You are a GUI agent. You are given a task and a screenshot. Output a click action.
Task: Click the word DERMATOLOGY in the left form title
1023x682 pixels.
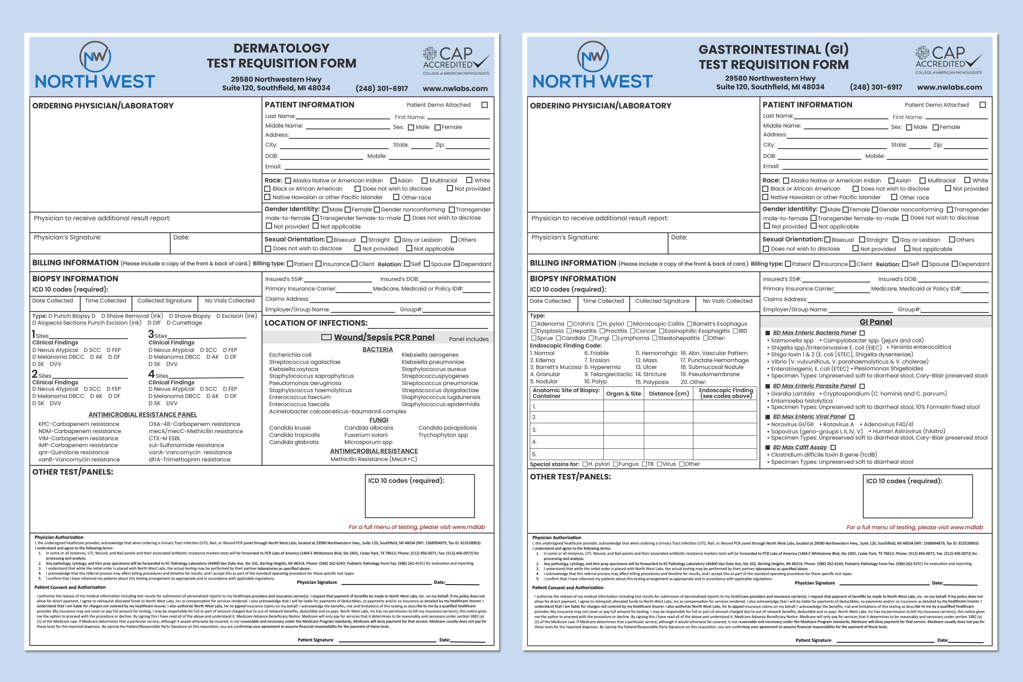pos(281,48)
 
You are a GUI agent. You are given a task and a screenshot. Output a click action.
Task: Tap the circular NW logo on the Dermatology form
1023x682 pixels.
pos(95,57)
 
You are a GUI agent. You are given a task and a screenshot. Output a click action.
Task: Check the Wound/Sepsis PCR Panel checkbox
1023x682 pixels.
pos(326,337)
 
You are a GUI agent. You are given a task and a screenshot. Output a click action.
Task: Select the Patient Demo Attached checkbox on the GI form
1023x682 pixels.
pos(982,105)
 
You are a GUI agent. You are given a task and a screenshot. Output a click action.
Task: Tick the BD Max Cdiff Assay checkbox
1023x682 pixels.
pos(833,447)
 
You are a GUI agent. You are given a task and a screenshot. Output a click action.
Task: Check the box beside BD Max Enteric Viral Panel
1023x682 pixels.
pos(851,417)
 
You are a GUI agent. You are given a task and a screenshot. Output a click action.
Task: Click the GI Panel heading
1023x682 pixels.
pos(876,322)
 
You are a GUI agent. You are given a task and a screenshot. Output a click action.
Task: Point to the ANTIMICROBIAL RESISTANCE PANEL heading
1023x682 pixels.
pos(143,415)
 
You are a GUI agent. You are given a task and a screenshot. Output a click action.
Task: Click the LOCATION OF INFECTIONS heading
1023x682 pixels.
pos(316,323)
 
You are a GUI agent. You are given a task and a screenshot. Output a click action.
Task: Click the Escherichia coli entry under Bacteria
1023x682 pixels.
pos(290,355)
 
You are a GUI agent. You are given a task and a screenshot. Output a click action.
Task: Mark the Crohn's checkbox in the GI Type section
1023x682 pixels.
pos(570,324)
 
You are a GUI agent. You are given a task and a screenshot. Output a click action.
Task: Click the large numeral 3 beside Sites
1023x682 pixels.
pos(151,334)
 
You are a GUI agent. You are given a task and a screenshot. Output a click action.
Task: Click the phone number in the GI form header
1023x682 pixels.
pos(876,87)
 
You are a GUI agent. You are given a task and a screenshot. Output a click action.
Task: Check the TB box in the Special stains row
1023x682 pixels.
pos(644,464)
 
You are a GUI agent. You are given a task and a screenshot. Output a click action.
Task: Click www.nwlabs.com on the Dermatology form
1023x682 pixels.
pos(455,88)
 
